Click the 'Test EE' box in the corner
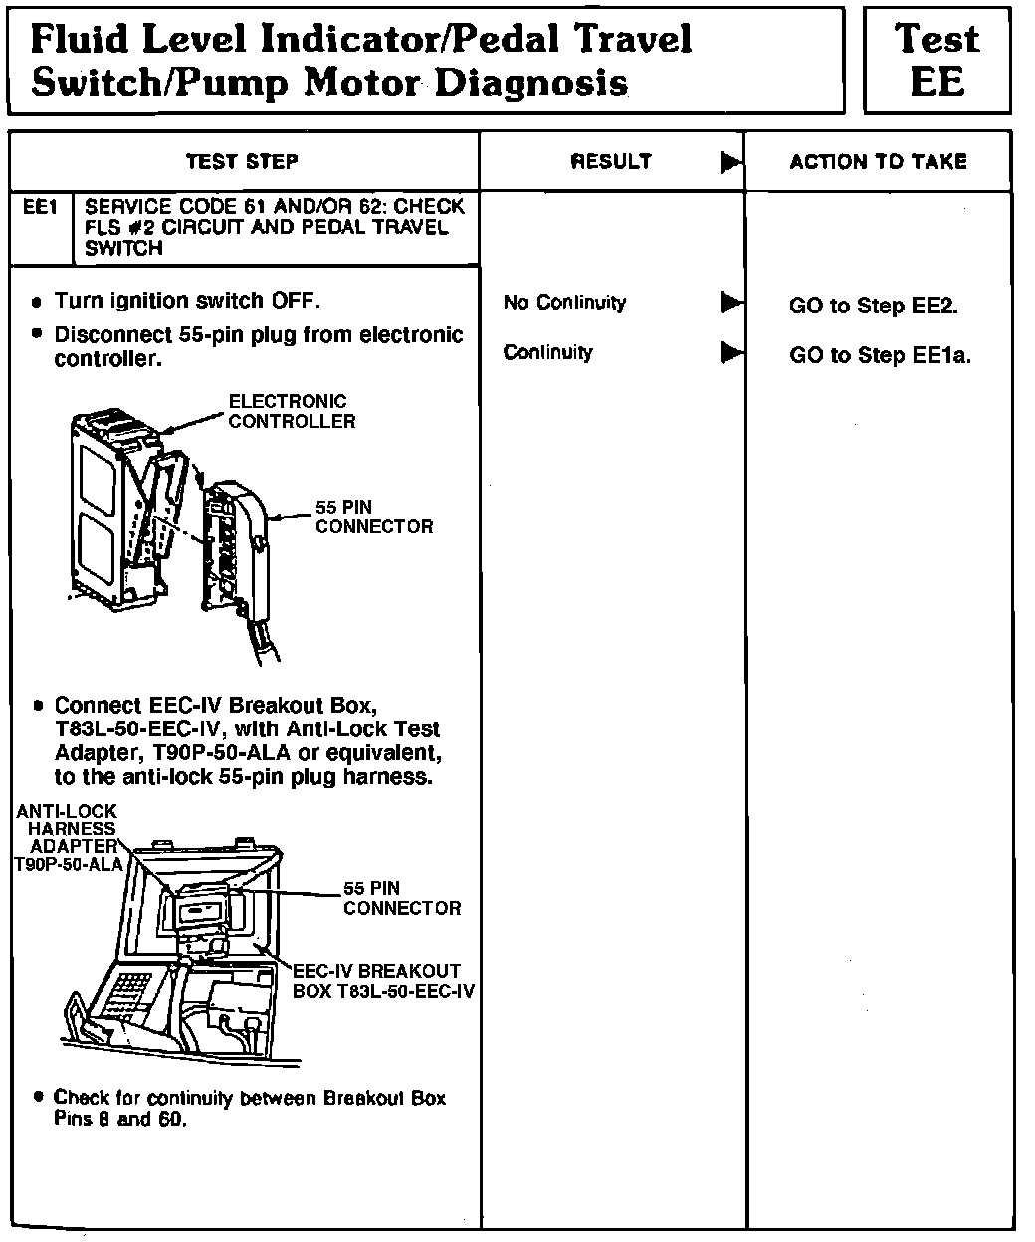[x=936, y=60]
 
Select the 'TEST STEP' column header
[x=242, y=161]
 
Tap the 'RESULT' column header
[x=611, y=161]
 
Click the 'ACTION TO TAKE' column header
[x=878, y=161]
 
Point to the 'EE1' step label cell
[x=41, y=208]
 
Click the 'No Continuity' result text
[x=564, y=303]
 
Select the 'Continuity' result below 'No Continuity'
[x=547, y=352]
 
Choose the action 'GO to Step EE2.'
[x=873, y=307]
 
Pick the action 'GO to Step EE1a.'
[x=880, y=355]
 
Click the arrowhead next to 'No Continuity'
[x=731, y=302]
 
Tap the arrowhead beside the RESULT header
[x=731, y=161]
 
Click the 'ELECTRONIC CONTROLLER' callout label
[x=291, y=411]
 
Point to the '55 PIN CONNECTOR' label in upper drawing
[x=373, y=517]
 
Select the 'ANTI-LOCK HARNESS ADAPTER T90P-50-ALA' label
[x=68, y=838]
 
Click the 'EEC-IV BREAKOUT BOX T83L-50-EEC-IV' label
[x=383, y=981]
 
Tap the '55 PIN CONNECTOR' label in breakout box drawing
[x=401, y=898]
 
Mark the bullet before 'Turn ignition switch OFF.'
[x=38, y=302]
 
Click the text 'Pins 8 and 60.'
[x=120, y=1119]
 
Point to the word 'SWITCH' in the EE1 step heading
[x=123, y=249]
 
